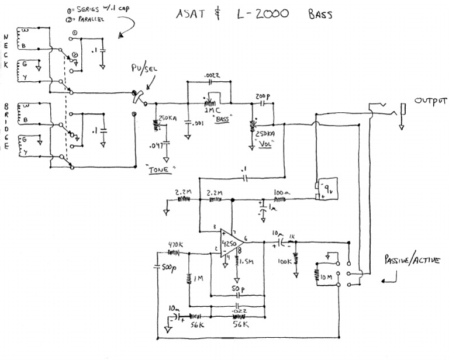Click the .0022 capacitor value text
click(x=213, y=76)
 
